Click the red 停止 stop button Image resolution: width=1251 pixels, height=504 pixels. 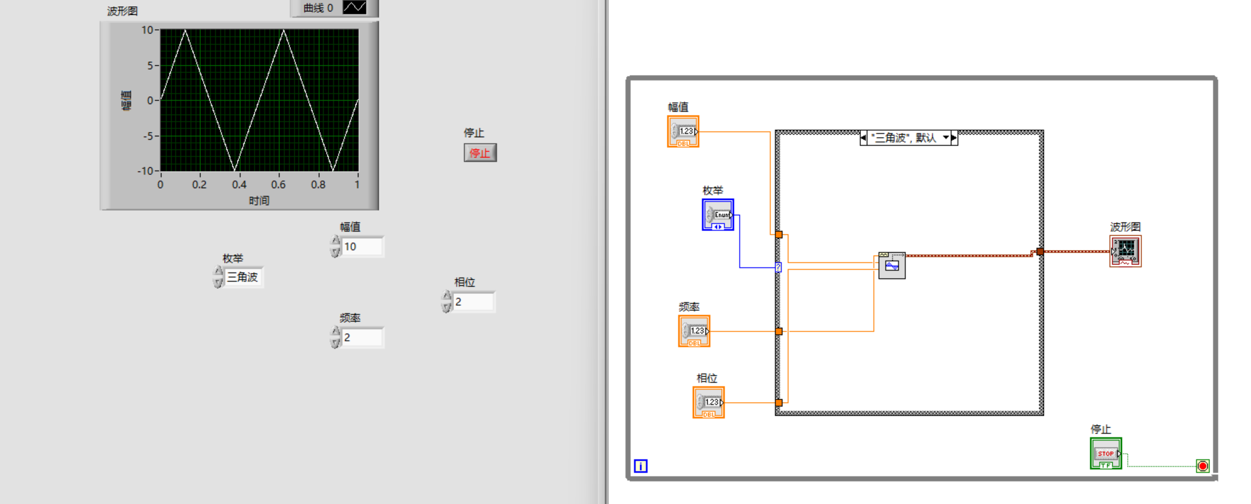(x=480, y=153)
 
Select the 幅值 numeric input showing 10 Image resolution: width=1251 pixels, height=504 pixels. (x=362, y=247)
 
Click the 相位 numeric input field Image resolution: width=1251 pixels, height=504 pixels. (x=474, y=302)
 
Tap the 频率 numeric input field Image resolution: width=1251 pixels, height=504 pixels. (x=362, y=338)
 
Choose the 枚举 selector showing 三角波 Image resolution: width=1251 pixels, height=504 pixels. (x=243, y=277)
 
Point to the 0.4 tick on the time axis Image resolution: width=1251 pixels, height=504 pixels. (x=239, y=185)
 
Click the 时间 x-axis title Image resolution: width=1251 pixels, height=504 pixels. (x=259, y=200)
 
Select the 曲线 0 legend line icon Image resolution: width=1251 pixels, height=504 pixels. (x=354, y=7)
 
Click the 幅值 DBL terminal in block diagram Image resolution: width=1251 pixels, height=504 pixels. (x=683, y=132)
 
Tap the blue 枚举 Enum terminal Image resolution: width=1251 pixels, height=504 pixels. (x=718, y=215)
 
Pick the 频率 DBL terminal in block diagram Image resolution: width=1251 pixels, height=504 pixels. (x=694, y=331)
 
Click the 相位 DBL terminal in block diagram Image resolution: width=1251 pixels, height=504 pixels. (x=708, y=403)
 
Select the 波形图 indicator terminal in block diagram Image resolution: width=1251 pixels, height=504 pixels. (x=1125, y=251)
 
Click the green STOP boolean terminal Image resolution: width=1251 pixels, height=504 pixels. (x=1106, y=454)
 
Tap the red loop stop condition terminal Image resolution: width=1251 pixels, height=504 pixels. (x=1203, y=466)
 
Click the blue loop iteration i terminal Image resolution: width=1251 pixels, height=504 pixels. (x=640, y=466)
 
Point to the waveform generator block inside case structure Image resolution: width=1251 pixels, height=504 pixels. (x=892, y=265)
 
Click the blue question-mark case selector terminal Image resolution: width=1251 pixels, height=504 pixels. (x=778, y=267)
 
